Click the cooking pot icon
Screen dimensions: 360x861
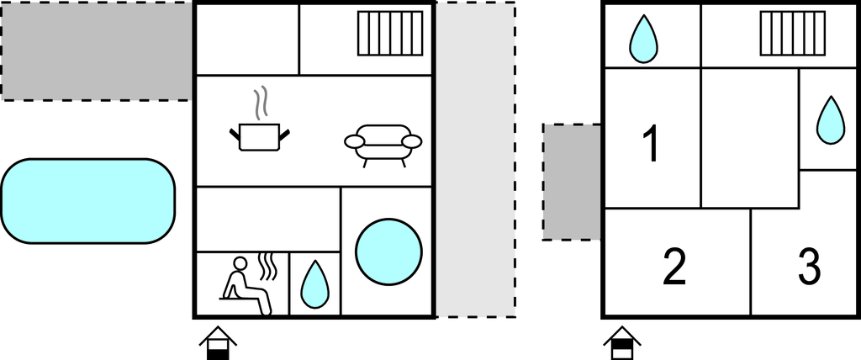click(x=259, y=135)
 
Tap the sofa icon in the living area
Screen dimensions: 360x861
click(x=383, y=145)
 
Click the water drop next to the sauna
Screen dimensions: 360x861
click(x=314, y=284)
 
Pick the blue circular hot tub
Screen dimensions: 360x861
click(x=388, y=251)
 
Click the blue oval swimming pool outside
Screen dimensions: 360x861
click(x=88, y=201)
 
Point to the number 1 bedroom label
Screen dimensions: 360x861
click(x=651, y=144)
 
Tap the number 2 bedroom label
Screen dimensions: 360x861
click(x=674, y=267)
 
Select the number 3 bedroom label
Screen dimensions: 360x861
click(x=809, y=267)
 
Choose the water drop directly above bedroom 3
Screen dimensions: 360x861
click(x=830, y=119)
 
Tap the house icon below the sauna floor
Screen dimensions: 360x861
click(x=218, y=343)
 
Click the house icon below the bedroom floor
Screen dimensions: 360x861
click(x=622, y=343)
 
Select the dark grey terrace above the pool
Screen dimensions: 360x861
click(x=97, y=50)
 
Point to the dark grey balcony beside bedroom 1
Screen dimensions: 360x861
click(x=572, y=182)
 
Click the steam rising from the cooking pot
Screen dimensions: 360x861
click(x=262, y=103)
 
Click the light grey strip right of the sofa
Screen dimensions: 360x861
click(x=475, y=160)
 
